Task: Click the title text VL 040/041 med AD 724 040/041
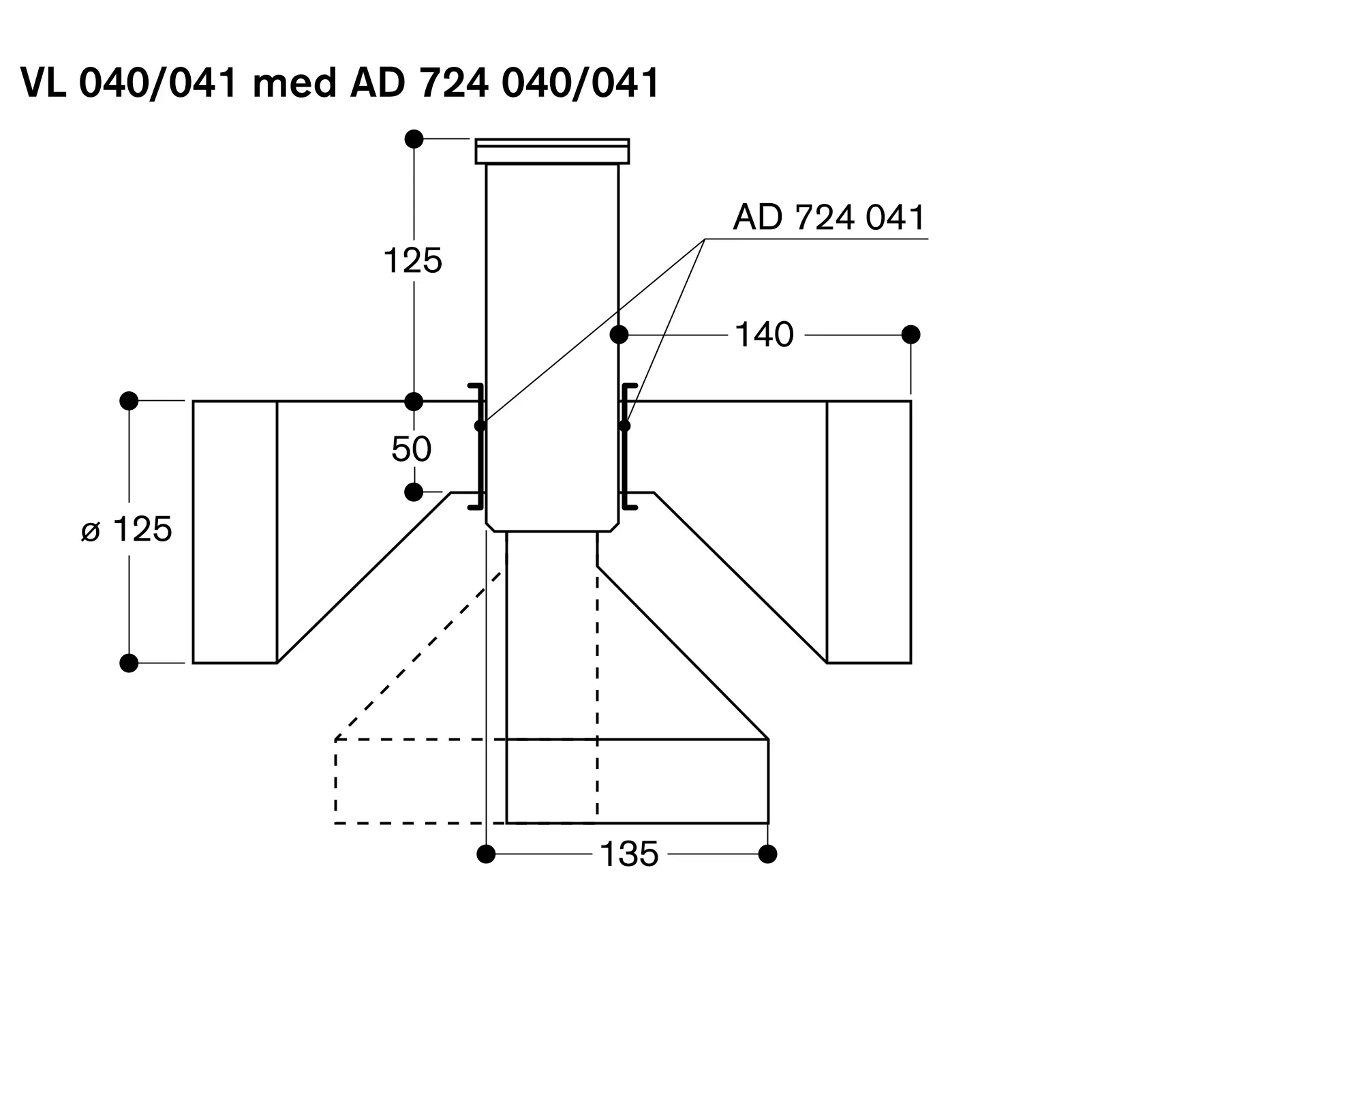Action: point(340,83)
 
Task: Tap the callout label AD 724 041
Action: point(829,217)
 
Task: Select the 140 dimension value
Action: point(765,335)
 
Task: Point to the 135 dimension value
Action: point(629,854)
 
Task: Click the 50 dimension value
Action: point(412,449)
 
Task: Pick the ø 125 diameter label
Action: point(127,529)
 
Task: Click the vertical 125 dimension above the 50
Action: point(413,260)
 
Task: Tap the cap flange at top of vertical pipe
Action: point(552,151)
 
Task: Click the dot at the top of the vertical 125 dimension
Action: point(414,139)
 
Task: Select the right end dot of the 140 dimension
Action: point(910,335)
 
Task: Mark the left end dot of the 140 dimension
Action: point(619,335)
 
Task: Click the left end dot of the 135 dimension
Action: point(486,854)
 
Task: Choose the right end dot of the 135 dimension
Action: point(768,854)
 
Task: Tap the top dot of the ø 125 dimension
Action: point(129,401)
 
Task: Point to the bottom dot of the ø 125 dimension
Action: point(129,663)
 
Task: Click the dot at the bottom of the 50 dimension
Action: point(414,492)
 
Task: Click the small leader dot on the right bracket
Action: point(625,426)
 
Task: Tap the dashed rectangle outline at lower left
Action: point(335,781)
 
